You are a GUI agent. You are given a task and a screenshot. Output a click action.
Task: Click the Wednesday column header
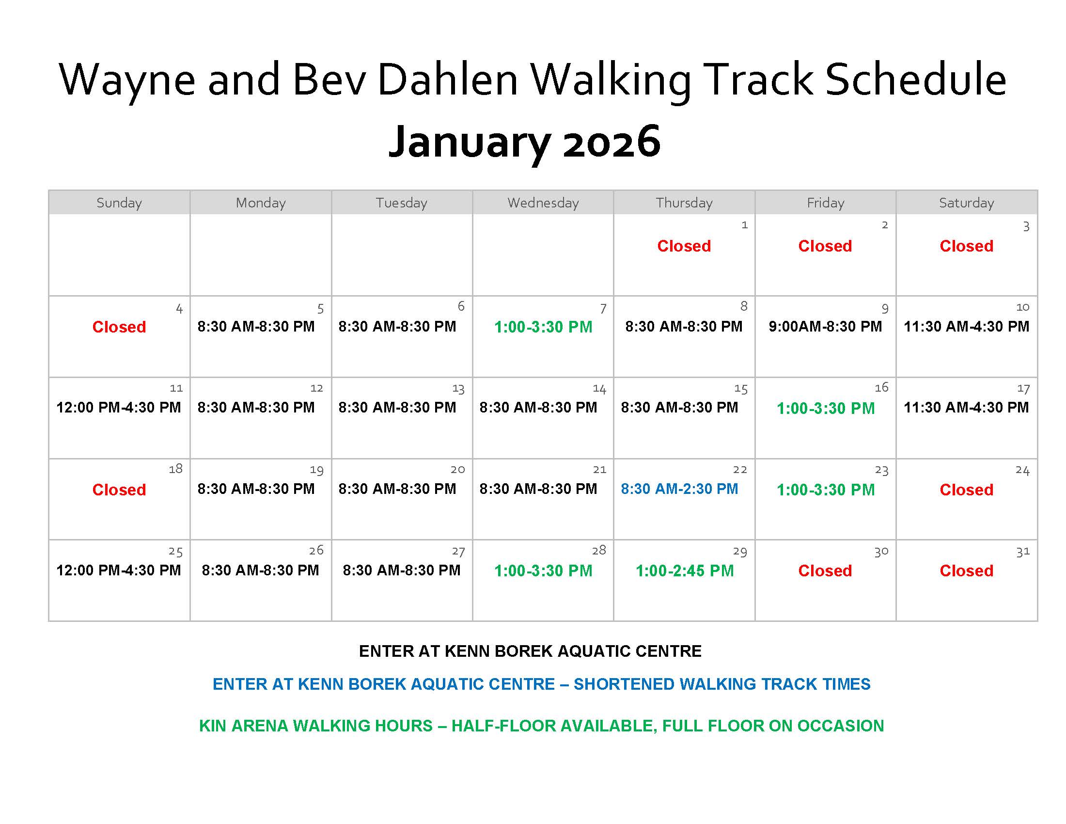[x=543, y=203]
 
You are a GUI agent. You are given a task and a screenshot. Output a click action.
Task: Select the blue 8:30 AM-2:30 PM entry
[x=679, y=489]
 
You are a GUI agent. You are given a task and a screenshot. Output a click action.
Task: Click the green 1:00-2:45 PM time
[x=684, y=570]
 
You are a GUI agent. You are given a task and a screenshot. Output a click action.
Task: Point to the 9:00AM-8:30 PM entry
[x=825, y=326]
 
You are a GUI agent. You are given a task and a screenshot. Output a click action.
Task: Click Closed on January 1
[x=684, y=246]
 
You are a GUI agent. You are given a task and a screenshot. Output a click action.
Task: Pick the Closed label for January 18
[x=119, y=490]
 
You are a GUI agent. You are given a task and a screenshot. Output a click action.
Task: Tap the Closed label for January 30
[x=825, y=570]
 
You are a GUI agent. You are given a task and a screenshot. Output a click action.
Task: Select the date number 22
[x=740, y=470]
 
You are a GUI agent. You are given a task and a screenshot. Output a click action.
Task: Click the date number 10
[x=1022, y=307]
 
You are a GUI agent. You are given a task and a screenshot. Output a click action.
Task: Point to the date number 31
[x=1022, y=552]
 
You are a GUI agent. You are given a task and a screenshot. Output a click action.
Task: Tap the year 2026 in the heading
[x=611, y=142]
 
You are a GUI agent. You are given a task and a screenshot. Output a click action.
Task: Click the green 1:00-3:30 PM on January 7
[x=543, y=327]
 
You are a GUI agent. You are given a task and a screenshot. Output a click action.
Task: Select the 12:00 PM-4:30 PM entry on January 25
[x=119, y=570]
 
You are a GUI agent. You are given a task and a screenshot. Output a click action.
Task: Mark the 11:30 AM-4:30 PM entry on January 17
[x=966, y=407]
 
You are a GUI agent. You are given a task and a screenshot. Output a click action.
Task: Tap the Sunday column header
[x=119, y=203]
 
